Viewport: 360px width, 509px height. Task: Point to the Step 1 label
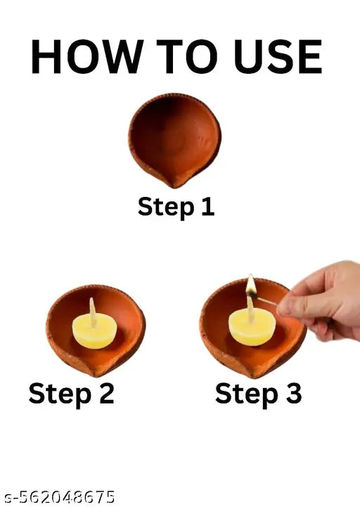tap(176, 207)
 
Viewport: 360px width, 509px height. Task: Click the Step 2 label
tap(71, 393)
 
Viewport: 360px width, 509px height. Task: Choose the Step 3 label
tap(258, 393)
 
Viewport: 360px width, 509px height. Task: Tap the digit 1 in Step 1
tap(207, 207)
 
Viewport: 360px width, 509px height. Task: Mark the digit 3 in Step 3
tap(291, 393)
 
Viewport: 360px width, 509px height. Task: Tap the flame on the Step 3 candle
tap(250, 284)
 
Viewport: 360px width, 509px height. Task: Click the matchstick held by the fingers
tap(267, 300)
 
